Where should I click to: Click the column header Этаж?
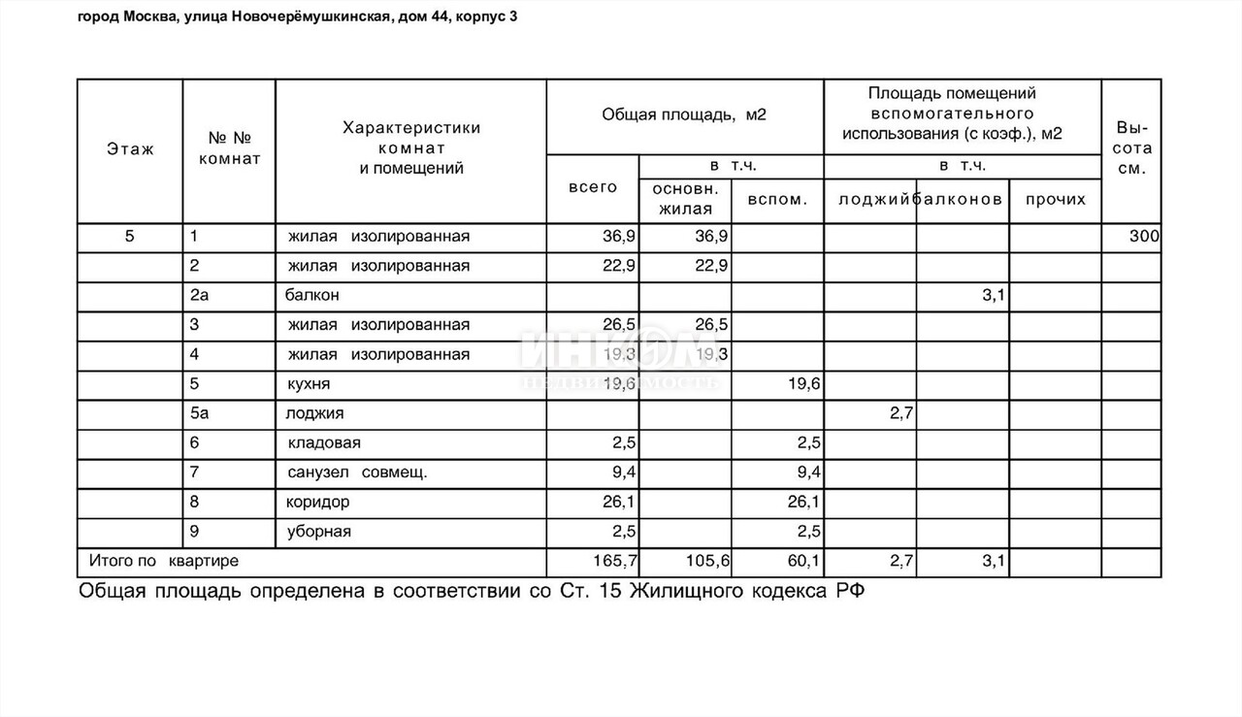coord(130,149)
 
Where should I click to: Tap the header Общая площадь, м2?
coord(684,114)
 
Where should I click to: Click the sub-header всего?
coord(593,187)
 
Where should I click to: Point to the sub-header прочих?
coord(1055,199)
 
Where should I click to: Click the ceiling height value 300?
coord(1144,236)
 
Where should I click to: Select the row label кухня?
coord(309,384)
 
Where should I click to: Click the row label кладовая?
coord(324,443)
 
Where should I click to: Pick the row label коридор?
coord(318,502)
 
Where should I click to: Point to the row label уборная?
coord(319,532)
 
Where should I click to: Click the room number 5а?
coord(200,413)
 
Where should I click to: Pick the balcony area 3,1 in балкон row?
coord(992,295)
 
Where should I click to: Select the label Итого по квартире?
coord(164,561)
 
